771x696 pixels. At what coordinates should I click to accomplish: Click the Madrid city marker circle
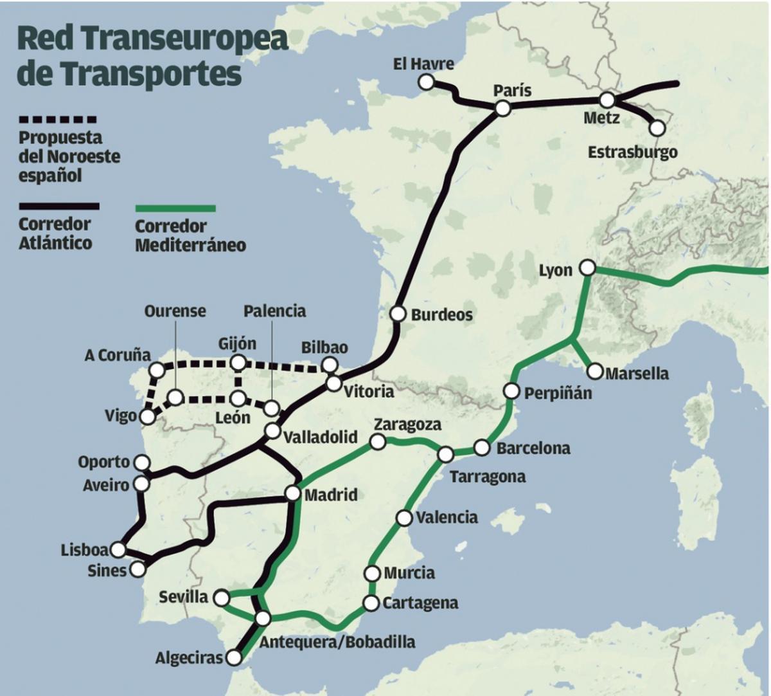[292, 494]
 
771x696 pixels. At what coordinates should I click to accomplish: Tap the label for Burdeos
[441, 315]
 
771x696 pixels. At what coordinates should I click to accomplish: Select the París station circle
[503, 109]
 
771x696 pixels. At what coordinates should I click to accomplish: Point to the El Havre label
[423, 64]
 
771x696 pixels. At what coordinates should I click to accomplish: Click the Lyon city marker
[587, 268]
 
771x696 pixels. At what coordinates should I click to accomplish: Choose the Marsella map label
[637, 373]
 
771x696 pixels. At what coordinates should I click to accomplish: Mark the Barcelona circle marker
[482, 448]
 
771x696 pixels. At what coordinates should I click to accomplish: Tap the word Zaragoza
[407, 425]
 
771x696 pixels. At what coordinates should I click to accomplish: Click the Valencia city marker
[404, 517]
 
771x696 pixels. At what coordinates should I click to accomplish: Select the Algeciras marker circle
[235, 657]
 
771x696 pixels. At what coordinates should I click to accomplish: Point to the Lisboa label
[84, 550]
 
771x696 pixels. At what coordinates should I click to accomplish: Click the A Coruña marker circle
[156, 369]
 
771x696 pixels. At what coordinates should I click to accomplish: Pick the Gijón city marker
[238, 362]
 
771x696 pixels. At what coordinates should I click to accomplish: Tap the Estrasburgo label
[633, 152]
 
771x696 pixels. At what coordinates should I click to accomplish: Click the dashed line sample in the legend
[58, 120]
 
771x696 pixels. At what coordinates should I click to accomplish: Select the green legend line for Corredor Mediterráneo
[175, 208]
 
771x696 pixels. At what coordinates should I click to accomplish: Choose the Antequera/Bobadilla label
[337, 641]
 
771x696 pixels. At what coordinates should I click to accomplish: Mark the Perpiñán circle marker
[511, 390]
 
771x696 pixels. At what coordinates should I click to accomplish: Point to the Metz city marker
[607, 100]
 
